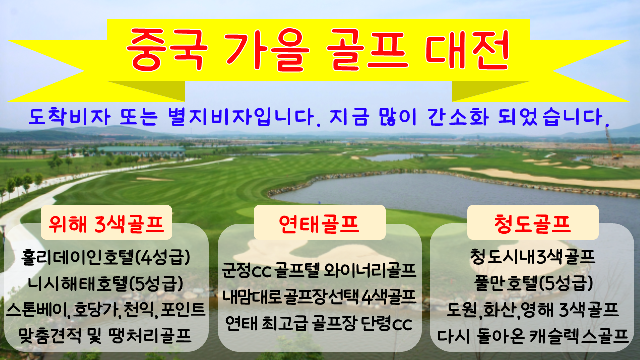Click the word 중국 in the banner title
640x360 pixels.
coord(167,50)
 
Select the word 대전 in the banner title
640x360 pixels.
coord(467,50)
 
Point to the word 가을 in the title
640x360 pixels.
coord(267,50)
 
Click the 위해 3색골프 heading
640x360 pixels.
coord(106,224)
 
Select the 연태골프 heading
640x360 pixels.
coord(319,224)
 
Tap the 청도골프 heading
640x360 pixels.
coord(533,224)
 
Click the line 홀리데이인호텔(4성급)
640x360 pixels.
coord(106,257)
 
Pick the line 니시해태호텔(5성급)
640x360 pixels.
coord(106,283)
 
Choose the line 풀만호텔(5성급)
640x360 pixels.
coord(533,283)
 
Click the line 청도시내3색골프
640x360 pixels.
coord(533,257)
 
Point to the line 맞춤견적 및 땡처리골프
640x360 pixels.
coord(105,336)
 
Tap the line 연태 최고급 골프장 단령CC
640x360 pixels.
coord(319,323)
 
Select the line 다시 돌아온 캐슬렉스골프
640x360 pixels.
coord(533,336)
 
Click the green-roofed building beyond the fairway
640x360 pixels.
coord(142,151)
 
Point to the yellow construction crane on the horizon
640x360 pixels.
coord(612,143)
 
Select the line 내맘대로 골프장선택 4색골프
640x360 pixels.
coord(319,297)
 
